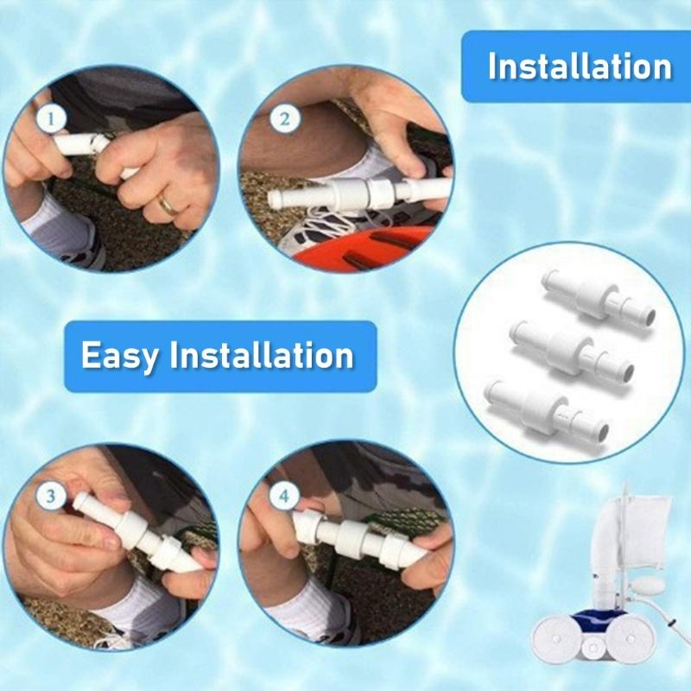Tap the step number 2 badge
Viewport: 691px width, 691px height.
[x=284, y=118]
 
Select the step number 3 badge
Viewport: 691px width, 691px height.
[x=51, y=496]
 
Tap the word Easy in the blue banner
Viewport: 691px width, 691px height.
[x=119, y=355]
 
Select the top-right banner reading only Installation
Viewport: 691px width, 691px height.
[x=579, y=67]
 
